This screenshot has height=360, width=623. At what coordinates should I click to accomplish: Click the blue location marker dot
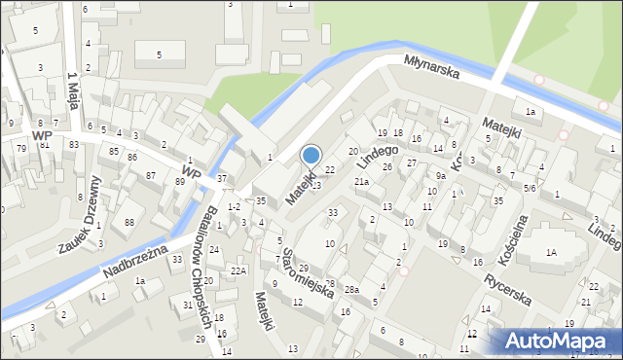click(x=311, y=154)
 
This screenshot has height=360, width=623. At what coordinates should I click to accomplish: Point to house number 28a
click(x=350, y=290)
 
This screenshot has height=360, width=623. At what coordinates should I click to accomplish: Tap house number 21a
click(x=361, y=182)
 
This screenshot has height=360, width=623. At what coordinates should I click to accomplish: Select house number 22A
click(x=238, y=270)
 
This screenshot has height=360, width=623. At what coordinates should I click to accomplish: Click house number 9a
click(x=440, y=176)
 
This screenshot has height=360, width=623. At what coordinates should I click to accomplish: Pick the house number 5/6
click(x=530, y=188)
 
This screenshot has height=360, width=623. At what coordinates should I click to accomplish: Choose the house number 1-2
click(x=234, y=207)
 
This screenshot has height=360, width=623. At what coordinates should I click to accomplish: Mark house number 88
click(x=129, y=224)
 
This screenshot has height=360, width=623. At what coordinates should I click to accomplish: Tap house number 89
click(x=180, y=182)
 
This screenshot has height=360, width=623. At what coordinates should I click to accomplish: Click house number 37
click(x=222, y=178)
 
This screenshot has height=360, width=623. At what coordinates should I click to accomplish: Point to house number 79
click(x=20, y=148)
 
